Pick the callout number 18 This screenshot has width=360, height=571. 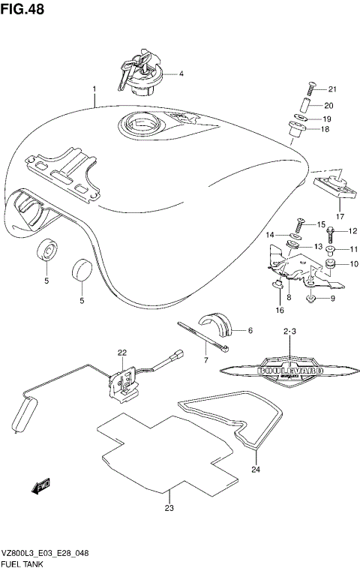[325, 129]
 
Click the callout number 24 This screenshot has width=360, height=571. [256, 471]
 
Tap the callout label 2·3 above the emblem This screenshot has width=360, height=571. [290, 331]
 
